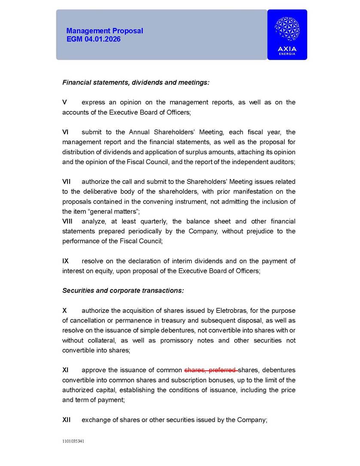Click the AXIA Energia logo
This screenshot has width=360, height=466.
click(x=287, y=34)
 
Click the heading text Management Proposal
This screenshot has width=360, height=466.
click(x=104, y=31)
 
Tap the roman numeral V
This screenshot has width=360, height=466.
click(x=64, y=102)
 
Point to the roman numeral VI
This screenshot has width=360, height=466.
click(x=65, y=132)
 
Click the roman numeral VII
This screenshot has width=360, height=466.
click(x=67, y=182)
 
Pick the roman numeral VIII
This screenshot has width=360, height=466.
click(x=68, y=221)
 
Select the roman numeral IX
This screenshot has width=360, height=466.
click(x=66, y=261)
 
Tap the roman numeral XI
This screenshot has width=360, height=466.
click(x=66, y=370)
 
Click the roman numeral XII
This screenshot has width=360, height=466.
click(x=67, y=420)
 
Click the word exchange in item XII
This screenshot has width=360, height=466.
click(x=96, y=420)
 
